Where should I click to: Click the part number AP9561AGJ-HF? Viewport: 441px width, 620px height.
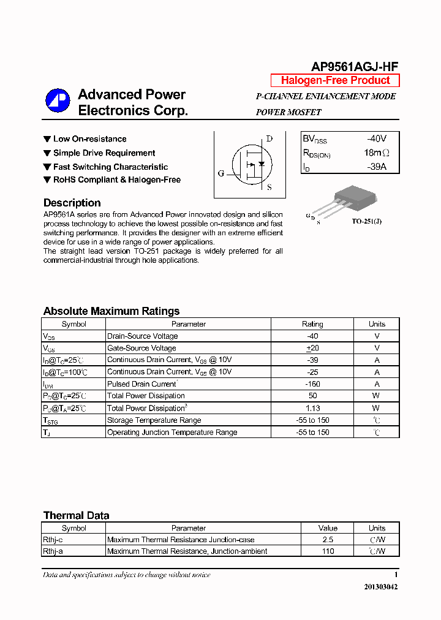(x=355, y=67)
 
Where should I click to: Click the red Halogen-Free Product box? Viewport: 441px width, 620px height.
(x=335, y=80)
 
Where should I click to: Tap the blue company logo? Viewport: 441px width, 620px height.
(x=58, y=100)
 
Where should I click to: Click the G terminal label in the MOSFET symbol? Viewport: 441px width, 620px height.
(x=221, y=173)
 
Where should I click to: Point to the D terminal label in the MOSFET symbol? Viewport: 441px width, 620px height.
(x=269, y=139)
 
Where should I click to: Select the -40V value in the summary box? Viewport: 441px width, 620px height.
(x=377, y=139)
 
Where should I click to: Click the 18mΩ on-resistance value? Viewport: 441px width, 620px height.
(x=376, y=153)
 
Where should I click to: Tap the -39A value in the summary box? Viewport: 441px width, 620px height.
(x=377, y=167)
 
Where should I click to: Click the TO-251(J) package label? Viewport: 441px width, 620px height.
(x=366, y=222)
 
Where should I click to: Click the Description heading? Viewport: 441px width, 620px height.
(x=72, y=203)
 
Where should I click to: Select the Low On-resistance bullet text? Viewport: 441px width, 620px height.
(x=89, y=139)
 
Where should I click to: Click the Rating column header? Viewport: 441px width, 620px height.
(x=312, y=324)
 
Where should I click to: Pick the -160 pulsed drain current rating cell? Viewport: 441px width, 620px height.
(x=312, y=384)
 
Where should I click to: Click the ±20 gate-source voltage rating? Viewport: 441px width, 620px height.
(x=312, y=348)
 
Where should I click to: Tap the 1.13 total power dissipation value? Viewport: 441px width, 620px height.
(x=312, y=408)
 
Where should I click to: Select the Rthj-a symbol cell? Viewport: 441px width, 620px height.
(x=53, y=551)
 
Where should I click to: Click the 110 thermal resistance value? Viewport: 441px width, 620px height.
(x=328, y=551)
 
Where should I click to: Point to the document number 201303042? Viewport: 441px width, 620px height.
(x=381, y=587)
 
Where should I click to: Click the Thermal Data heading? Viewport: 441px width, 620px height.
(x=76, y=515)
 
